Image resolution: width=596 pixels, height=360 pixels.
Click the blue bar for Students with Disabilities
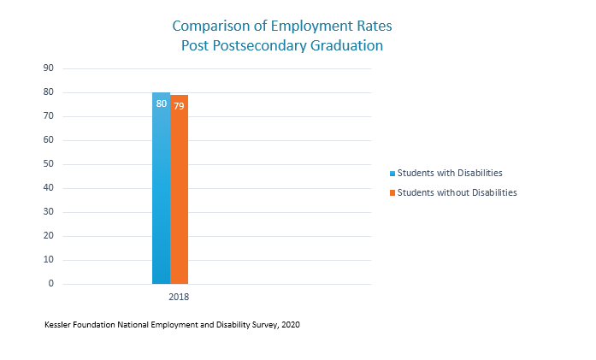(x=161, y=197)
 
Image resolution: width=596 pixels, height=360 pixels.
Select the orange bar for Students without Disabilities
(x=179, y=197)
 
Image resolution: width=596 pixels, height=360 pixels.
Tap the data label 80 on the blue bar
(x=161, y=104)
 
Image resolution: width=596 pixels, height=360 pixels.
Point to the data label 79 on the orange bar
(x=179, y=106)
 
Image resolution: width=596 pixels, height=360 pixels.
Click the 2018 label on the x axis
(x=178, y=298)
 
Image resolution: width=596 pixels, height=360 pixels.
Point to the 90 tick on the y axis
(x=48, y=68)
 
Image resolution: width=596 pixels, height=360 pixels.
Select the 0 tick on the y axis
(x=50, y=284)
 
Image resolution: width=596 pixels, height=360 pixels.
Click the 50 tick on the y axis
(x=48, y=164)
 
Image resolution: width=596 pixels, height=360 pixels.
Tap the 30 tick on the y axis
(x=48, y=212)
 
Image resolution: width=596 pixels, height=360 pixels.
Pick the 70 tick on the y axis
(x=48, y=116)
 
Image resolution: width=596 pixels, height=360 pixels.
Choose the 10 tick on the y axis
(x=48, y=260)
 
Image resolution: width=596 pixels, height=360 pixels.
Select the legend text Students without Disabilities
(x=457, y=192)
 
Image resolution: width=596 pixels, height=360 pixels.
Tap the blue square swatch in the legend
(x=392, y=174)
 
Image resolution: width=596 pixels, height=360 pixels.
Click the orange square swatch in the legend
(x=392, y=193)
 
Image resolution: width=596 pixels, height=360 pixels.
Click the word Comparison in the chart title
(x=209, y=26)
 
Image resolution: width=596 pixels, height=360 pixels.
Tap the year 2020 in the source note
(x=289, y=325)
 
